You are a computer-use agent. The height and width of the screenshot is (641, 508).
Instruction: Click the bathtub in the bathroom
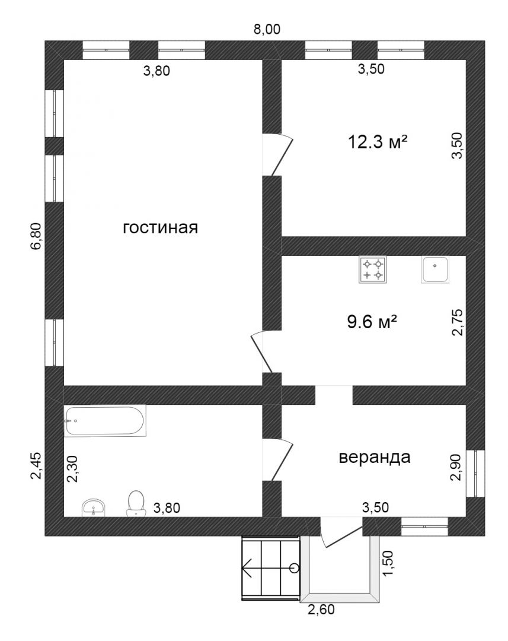click(105, 420)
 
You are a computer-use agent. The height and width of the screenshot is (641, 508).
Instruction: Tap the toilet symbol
click(136, 503)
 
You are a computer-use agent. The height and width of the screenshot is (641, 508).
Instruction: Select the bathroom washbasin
click(94, 507)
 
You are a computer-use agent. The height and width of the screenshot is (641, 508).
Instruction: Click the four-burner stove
click(372, 269)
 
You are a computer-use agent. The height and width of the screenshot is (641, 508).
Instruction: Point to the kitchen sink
click(435, 269)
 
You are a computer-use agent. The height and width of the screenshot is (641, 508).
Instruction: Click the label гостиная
click(161, 227)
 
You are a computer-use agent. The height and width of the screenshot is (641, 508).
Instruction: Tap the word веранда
click(375, 457)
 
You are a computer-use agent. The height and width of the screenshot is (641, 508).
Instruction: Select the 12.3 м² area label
click(378, 142)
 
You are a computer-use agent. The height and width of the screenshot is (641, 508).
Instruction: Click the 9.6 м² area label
click(372, 322)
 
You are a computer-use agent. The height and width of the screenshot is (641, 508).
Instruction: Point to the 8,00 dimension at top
click(267, 29)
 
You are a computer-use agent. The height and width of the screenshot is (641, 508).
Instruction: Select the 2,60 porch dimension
click(321, 610)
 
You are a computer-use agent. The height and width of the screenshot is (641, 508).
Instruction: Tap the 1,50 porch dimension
click(388, 563)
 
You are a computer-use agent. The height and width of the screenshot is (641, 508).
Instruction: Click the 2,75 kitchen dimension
click(457, 322)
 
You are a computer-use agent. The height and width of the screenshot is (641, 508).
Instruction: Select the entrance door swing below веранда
click(341, 532)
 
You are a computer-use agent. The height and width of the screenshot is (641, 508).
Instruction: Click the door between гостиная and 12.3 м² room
click(277, 155)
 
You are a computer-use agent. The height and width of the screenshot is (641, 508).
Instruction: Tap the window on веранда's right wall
click(476, 474)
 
